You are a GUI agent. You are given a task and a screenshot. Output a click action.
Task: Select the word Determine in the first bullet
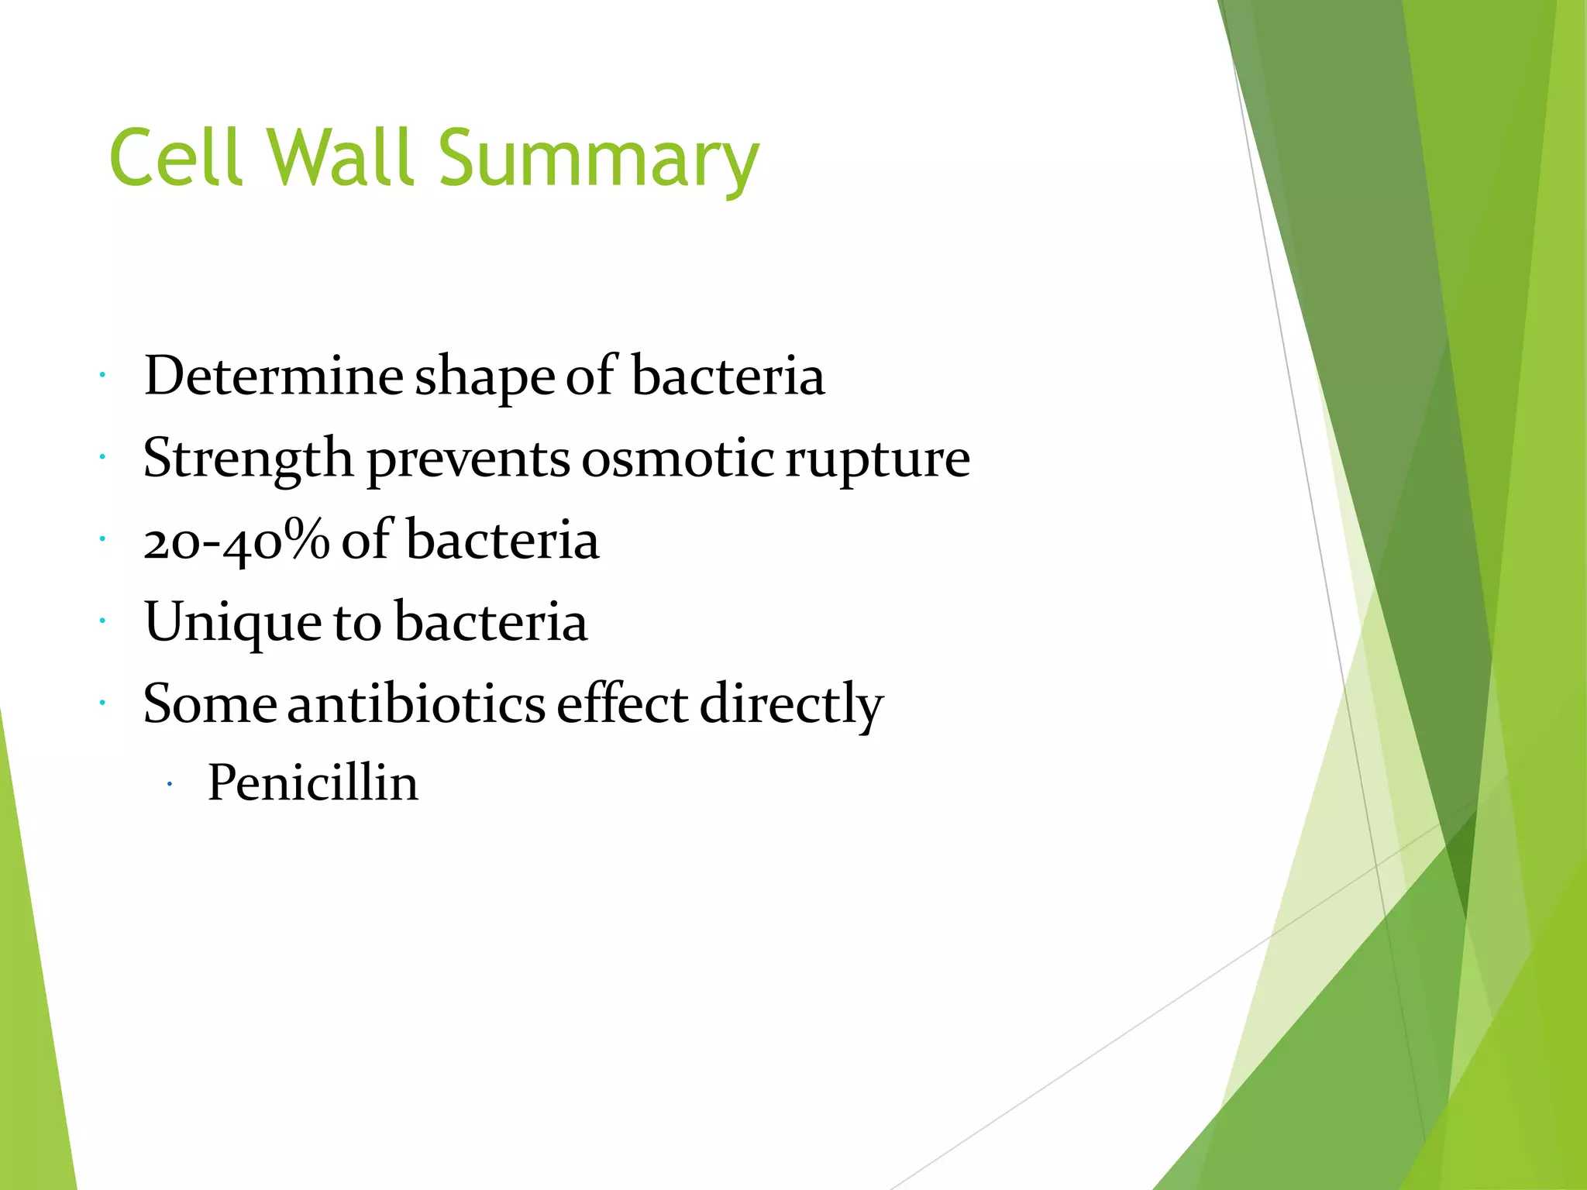pos(273,377)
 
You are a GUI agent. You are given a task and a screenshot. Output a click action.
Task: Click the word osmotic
pos(678,459)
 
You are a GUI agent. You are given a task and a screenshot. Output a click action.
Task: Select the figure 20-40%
pos(236,541)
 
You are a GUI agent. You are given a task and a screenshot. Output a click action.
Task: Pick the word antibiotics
pos(416,705)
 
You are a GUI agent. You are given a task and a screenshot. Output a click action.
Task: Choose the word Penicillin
pos(312,783)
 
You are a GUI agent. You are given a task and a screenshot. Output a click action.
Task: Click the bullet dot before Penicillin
pos(169,786)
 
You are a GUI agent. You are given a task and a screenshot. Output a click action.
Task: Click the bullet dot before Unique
pos(102,621)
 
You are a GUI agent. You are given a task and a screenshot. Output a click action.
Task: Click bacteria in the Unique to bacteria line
pos(490,623)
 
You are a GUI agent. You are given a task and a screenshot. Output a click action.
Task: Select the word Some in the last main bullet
pos(209,705)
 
